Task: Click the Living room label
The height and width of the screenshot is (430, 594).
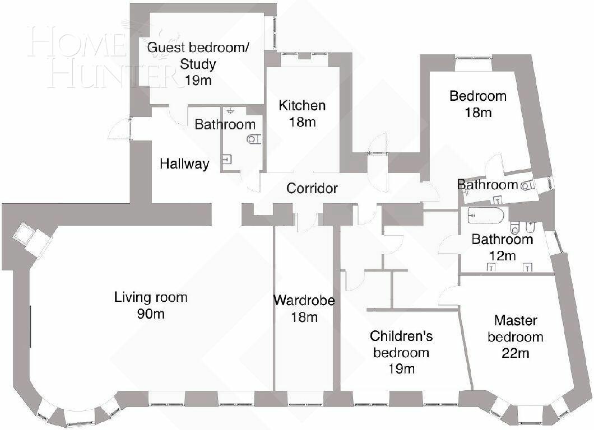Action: [x=151, y=297]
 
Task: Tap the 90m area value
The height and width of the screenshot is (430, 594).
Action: [x=151, y=314]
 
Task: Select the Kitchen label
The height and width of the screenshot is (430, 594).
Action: [x=302, y=105]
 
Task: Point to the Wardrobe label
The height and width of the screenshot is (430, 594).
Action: [x=304, y=301]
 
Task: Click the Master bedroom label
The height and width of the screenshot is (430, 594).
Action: [x=515, y=329]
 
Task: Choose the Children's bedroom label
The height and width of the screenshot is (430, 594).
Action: [x=401, y=344]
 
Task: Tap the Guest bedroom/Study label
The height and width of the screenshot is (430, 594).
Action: [x=198, y=55]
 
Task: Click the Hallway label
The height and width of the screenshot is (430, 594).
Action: [x=184, y=164]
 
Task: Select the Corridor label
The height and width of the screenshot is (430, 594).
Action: [x=312, y=188]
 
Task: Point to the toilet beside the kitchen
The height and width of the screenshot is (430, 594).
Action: [x=254, y=139]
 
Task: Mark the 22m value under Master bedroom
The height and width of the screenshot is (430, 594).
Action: [x=516, y=353]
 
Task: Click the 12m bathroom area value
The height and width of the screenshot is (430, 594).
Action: [x=502, y=256]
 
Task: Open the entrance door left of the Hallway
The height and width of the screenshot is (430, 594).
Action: [x=121, y=128]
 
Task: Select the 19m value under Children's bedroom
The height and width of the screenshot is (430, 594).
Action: [x=401, y=369]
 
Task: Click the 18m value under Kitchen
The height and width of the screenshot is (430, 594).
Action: [x=302, y=122]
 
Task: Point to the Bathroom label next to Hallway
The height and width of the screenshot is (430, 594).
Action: [x=225, y=124]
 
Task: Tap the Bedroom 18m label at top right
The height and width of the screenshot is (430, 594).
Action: [x=478, y=104]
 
